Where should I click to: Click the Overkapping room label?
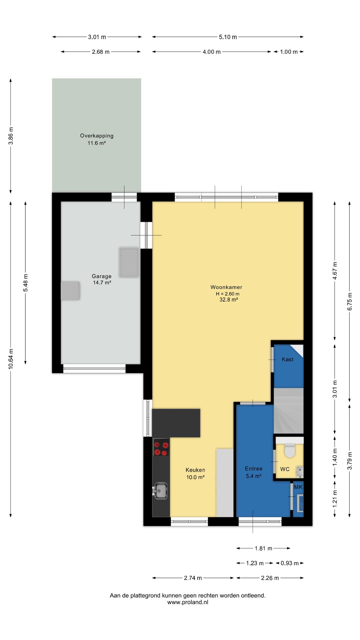[x=97, y=136]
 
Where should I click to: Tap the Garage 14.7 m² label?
[x=102, y=279]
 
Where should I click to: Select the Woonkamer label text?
[x=226, y=287]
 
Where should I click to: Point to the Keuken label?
[x=195, y=470]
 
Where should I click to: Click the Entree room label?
[x=254, y=469]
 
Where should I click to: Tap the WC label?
[x=285, y=469]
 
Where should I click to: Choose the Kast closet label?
[x=288, y=359]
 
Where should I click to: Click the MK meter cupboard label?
[x=298, y=487]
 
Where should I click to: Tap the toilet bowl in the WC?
[x=290, y=450]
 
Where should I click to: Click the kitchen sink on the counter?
[x=160, y=491]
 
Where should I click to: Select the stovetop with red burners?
[x=161, y=447]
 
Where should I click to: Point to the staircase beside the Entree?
[x=289, y=411]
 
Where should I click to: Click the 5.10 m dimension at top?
[x=228, y=37]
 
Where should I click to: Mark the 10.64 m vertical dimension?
[x=11, y=359]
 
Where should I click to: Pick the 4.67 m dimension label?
[x=335, y=271]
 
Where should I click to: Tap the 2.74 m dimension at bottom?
[x=193, y=578]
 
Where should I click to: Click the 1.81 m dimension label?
[x=264, y=548]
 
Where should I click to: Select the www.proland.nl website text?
[x=188, y=602]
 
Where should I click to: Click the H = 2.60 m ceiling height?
[x=228, y=294]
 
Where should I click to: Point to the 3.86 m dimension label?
[x=11, y=136]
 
